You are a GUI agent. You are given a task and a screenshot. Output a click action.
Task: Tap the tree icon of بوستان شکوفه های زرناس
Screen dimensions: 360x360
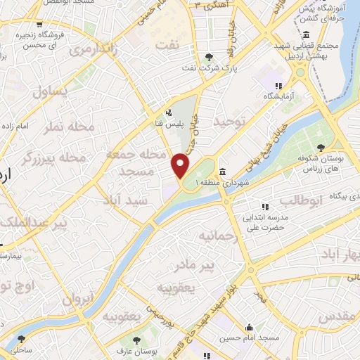pyautogui.click(x=321, y=147)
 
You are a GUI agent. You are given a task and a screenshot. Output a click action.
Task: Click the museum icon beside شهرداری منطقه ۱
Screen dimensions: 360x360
pyautogui.click(x=221, y=172)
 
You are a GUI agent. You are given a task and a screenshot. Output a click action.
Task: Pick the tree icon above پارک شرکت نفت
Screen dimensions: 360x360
pyautogui.click(x=207, y=58)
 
